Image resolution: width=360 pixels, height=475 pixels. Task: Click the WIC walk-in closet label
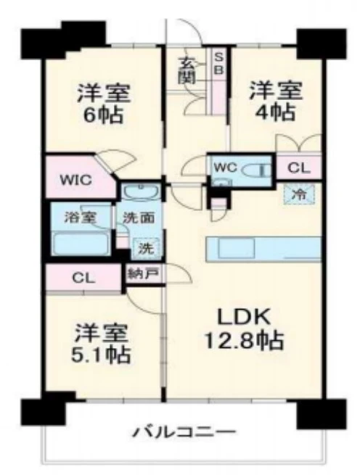pos(75,181)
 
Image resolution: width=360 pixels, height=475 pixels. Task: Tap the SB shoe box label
pos(218,63)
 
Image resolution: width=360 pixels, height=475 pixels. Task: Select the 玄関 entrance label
pos(187,70)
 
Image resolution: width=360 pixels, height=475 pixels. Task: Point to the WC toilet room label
pos(225,168)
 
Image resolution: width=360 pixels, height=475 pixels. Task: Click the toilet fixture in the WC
pos(255,170)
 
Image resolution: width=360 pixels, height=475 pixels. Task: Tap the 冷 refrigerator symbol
pos(299,194)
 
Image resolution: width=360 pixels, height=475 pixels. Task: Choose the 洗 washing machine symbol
pos(146,249)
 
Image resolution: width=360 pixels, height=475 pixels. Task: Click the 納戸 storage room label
pos(143,273)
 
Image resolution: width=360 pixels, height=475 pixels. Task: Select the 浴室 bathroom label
pos(81,218)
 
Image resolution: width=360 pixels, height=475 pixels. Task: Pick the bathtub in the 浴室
pos(81,243)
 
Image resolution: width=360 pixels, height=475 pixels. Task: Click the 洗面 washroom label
pos(139,218)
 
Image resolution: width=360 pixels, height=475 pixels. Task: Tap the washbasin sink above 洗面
pos(142,191)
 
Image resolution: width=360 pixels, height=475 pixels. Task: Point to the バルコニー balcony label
pos(184,432)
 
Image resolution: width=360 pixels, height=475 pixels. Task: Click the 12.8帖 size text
pos(245,341)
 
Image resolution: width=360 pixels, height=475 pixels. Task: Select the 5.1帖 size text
pos(101,354)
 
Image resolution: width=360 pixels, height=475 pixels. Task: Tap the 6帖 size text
pos(103,115)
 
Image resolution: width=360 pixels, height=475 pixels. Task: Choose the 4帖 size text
pos(276,112)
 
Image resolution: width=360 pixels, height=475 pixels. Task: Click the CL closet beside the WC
pos(299,168)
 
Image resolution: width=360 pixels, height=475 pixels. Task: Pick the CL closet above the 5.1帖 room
pos(83,278)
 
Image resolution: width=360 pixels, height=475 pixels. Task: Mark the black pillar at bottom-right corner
pos(322,414)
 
